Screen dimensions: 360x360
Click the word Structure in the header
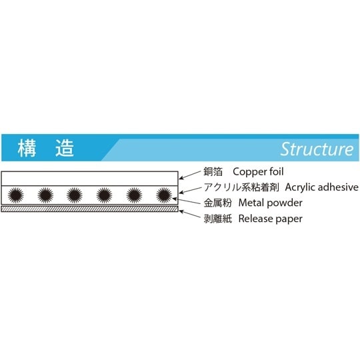(316, 148)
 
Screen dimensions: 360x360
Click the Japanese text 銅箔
(213, 171)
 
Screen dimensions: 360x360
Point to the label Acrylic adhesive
(323, 187)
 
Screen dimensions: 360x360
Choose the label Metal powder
(270, 203)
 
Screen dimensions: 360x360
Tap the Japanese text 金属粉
(218, 203)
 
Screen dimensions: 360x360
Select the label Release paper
(270, 218)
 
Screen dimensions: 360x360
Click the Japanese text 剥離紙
(218, 218)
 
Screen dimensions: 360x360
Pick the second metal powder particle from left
(45, 195)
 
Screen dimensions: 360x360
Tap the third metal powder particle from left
(74, 195)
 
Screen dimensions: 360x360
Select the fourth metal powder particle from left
(104, 195)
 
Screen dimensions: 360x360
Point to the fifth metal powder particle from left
(134, 195)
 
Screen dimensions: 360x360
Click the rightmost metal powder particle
(163, 195)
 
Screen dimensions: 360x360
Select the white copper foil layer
(90, 178)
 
